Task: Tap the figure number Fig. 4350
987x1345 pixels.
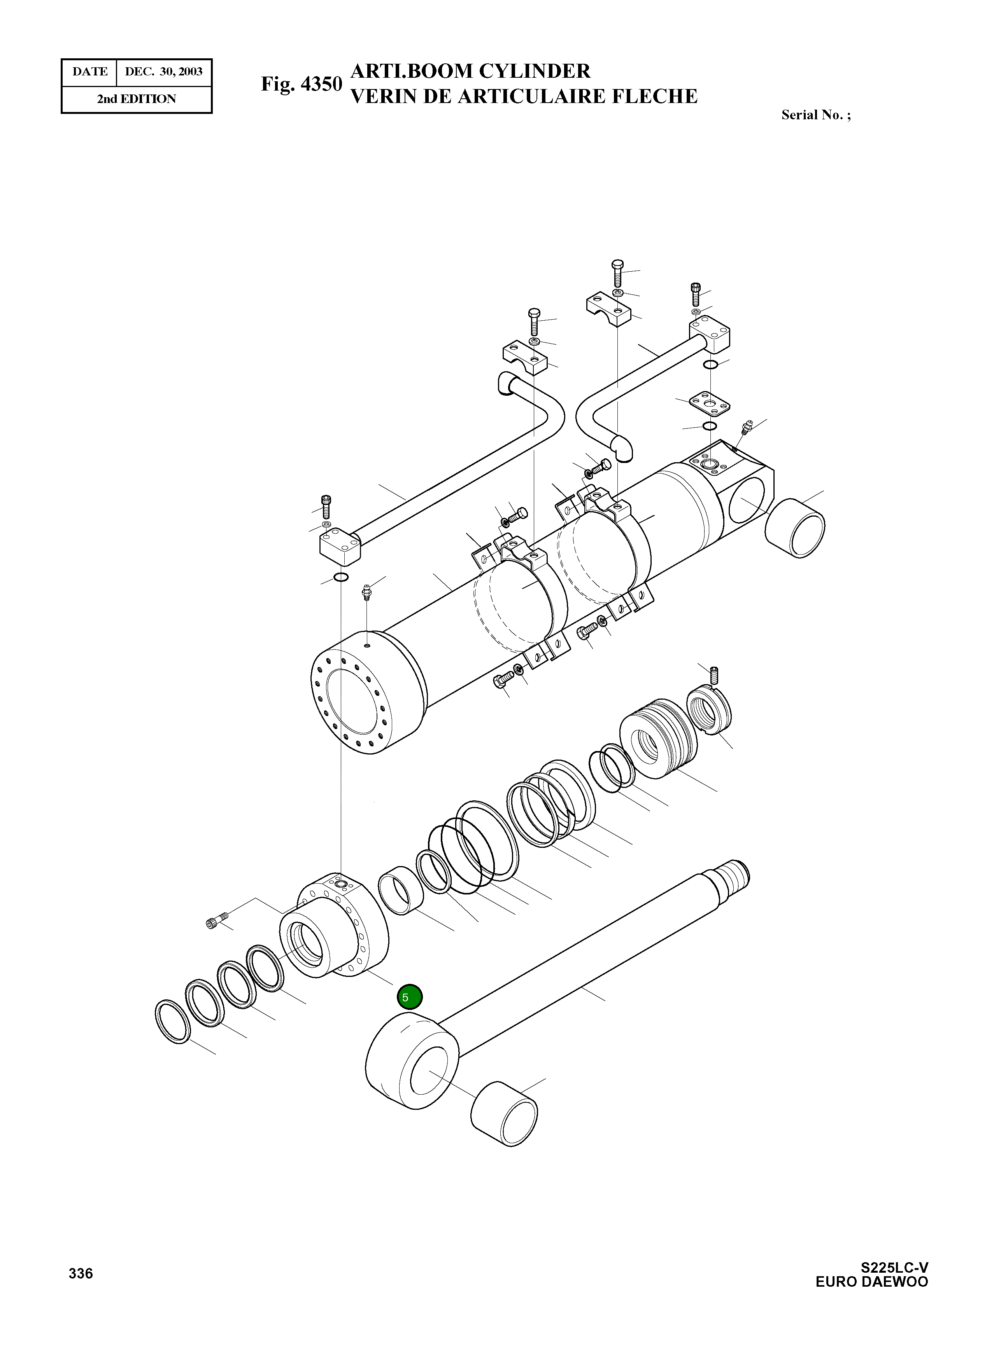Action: point(301,84)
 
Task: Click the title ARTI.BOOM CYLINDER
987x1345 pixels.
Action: point(470,71)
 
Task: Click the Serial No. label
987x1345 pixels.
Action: point(815,115)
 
